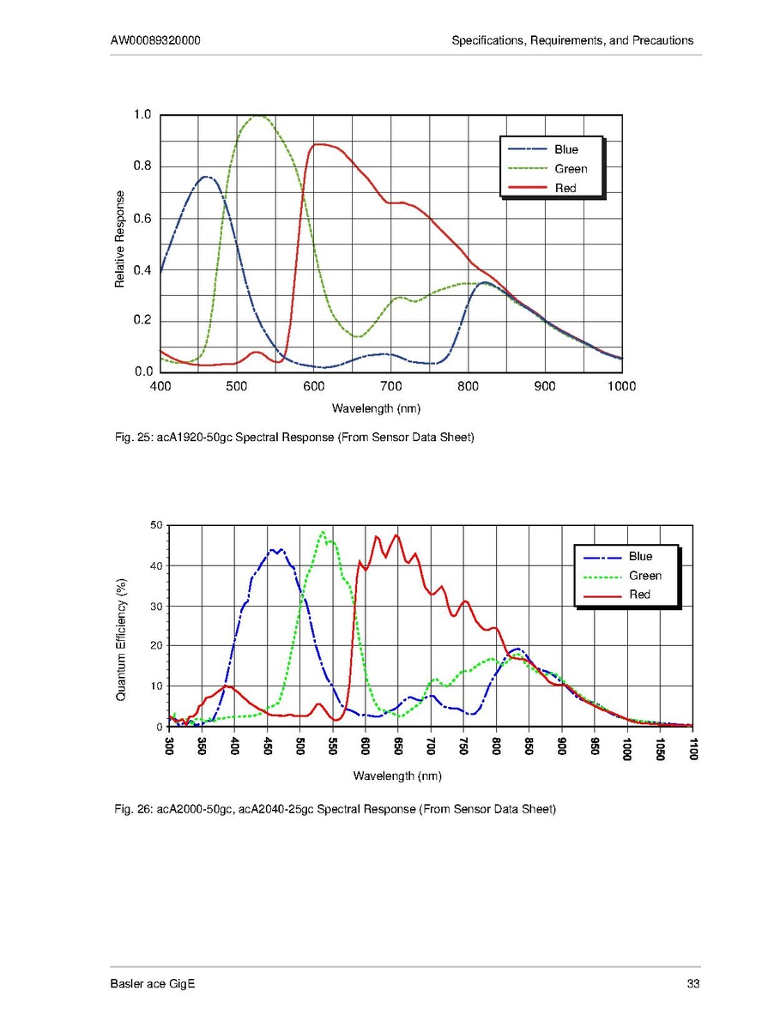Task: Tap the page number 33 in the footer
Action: click(694, 983)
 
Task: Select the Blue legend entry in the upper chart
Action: click(565, 149)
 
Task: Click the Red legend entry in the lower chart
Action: click(639, 595)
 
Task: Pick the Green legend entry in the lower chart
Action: click(644, 576)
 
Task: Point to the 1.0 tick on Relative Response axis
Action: click(142, 115)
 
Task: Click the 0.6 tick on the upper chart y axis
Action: click(142, 218)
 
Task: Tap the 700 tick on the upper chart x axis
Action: click(390, 386)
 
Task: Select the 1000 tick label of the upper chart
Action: click(620, 386)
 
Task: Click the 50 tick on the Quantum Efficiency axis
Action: click(156, 525)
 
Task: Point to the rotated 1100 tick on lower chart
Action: click(692, 749)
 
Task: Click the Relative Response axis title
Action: click(120, 239)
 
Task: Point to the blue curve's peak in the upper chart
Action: click(206, 177)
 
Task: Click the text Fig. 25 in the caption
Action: click(132, 438)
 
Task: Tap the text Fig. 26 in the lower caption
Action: click(132, 808)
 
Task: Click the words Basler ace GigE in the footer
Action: click(153, 983)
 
